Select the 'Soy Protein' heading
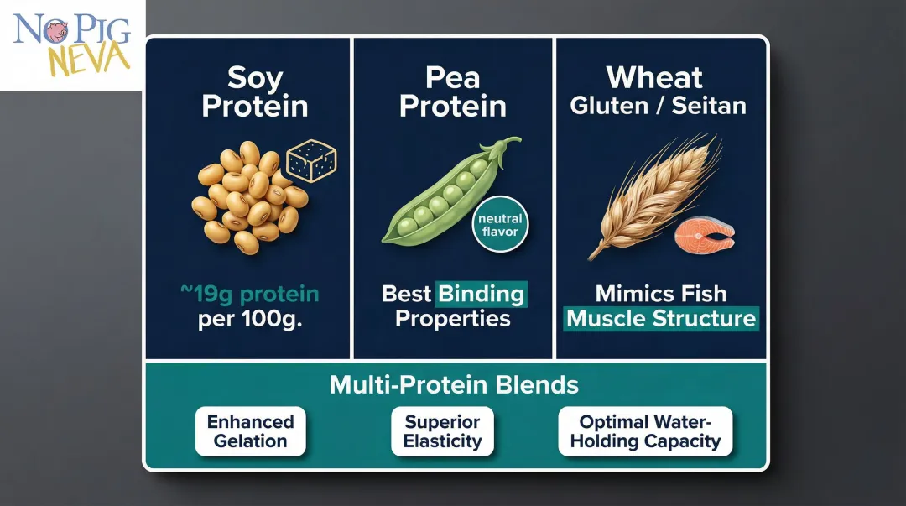click(255, 92)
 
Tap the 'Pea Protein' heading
click(452, 92)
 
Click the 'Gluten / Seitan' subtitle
click(658, 107)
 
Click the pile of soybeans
click(247, 198)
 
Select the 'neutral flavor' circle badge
click(500, 224)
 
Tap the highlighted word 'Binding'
click(482, 295)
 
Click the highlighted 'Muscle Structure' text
click(661, 319)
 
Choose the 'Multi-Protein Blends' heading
click(454, 385)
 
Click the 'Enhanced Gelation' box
click(250, 431)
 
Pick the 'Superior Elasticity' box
click(441, 431)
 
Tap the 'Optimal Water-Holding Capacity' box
click(644, 431)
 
